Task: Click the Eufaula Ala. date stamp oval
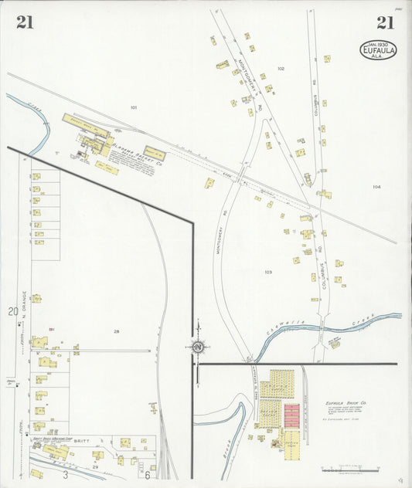(378, 50)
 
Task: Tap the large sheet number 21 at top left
(24, 22)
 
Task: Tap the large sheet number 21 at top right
(386, 22)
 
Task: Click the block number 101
(134, 107)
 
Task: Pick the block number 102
(281, 69)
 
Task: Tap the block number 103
(268, 272)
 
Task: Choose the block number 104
(376, 187)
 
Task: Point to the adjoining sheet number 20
(12, 311)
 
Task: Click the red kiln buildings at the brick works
(291, 415)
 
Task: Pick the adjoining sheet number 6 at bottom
(146, 475)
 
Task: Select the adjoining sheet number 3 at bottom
(65, 475)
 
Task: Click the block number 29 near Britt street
(95, 466)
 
